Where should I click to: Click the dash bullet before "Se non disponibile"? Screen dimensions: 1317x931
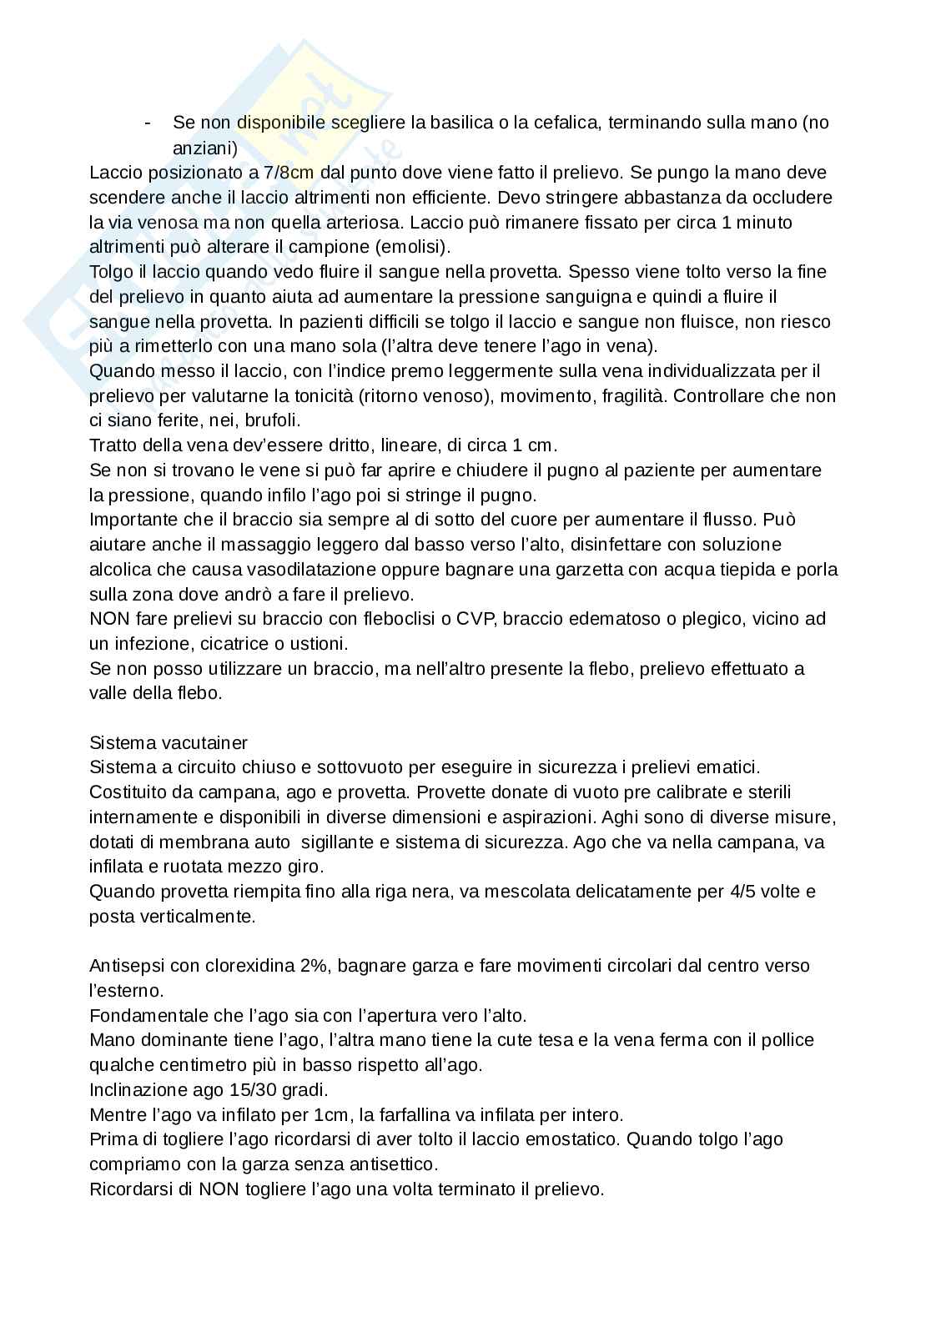[148, 123]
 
